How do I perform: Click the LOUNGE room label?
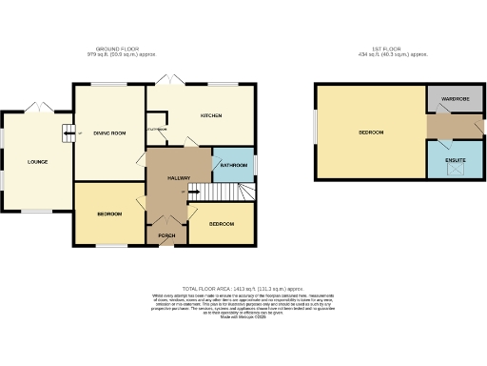tap(37, 161)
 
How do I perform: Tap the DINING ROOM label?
tap(109, 132)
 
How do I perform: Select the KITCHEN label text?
tap(210, 115)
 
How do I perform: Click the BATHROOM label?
tap(234, 166)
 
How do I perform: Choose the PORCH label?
tap(166, 234)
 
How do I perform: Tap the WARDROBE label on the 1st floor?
tap(456, 98)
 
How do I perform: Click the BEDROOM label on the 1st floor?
tap(371, 132)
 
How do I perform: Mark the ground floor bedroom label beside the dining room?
tap(109, 213)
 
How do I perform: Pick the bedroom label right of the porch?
tap(222, 223)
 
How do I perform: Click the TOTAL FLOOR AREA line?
tap(243, 287)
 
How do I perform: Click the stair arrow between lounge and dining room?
tap(68, 132)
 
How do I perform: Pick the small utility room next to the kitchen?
tap(156, 132)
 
